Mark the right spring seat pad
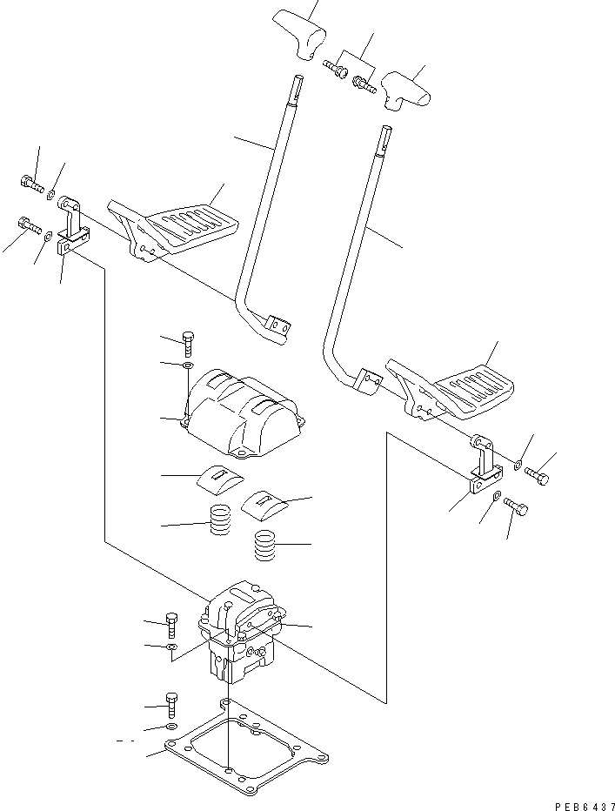pyautogui.click(x=264, y=500)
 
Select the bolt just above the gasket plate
pyautogui.click(x=172, y=702)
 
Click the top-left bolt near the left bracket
pyautogui.click(x=30, y=183)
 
